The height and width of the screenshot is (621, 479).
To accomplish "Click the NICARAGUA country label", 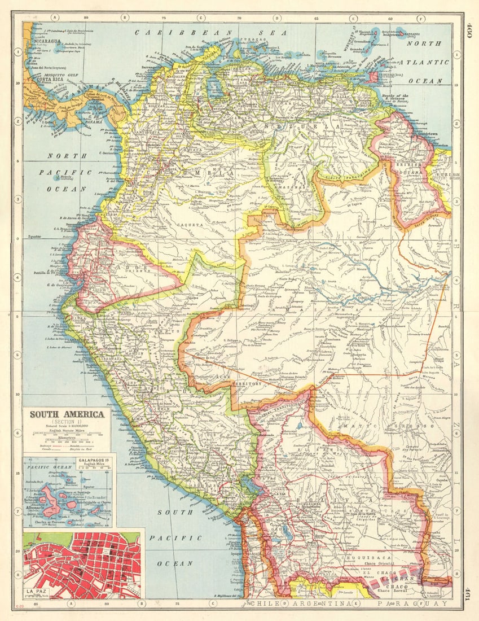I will point(47,41).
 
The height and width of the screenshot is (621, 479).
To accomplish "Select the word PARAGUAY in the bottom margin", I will point(412,604).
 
